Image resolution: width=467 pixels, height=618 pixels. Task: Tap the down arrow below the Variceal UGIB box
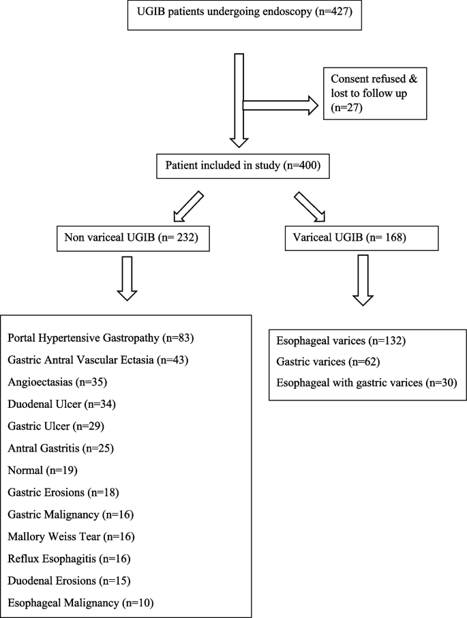tap(363, 281)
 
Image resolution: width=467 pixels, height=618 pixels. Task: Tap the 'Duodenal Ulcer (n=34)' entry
tap(62, 404)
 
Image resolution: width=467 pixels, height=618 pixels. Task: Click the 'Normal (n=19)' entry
tap(43, 471)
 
